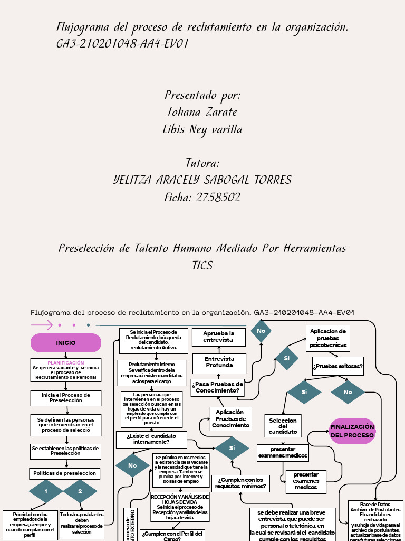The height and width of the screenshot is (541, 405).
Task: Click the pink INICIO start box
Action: pyautogui.click(x=66, y=343)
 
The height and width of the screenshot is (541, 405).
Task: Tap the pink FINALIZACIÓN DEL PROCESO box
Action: pyautogui.click(x=352, y=431)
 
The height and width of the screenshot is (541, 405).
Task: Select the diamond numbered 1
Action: pyautogui.click(x=46, y=491)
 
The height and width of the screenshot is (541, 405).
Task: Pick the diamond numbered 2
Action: pyautogui.click(x=80, y=491)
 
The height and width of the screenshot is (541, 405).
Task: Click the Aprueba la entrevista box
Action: pyautogui.click(x=218, y=337)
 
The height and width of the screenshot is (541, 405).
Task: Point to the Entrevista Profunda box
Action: pyautogui.click(x=219, y=362)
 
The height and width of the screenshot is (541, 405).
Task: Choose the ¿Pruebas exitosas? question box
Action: pyautogui.click(x=337, y=366)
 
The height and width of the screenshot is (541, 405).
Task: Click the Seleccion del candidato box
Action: pyautogui.click(x=283, y=426)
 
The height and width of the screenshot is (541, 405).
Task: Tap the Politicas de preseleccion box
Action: pyautogui.click(x=65, y=473)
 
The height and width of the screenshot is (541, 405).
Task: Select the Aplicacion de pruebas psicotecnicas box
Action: pyautogui.click(x=328, y=338)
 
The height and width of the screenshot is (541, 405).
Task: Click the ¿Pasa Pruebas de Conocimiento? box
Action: pyautogui.click(x=218, y=388)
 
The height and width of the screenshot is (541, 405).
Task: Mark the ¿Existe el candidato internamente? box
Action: pyautogui.click(x=151, y=439)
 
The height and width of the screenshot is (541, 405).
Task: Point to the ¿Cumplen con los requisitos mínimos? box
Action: pyautogui.click(x=239, y=482)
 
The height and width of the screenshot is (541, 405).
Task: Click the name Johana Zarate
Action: pyautogui.click(x=202, y=112)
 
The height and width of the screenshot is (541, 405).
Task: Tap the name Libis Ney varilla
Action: pyautogui.click(x=202, y=129)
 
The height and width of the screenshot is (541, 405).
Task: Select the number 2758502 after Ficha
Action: pyautogui.click(x=218, y=197)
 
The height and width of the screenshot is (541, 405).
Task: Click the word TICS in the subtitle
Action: pyautogui.click(x=202, y=265)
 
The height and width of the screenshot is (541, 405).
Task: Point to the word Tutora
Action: pyautogui.click(x=202, y=163)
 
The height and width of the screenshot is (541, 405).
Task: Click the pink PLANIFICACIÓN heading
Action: pyautogui.click(x=66, y=363)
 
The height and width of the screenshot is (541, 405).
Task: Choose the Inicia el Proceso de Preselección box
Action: pyautogui.click(x=66, y=397)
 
